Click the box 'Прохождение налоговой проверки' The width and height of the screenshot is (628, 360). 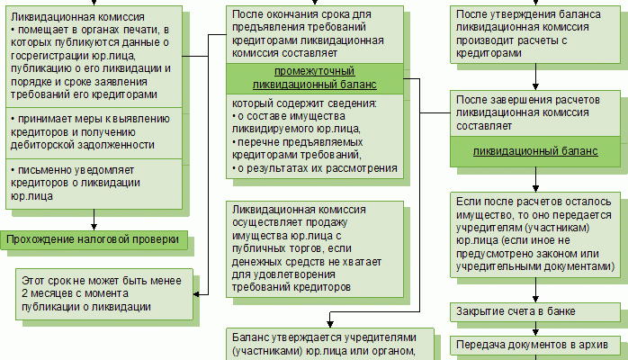94,239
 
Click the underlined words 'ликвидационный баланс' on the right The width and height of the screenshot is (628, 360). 535,150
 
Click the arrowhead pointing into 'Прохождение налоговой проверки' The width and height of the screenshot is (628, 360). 94,225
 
